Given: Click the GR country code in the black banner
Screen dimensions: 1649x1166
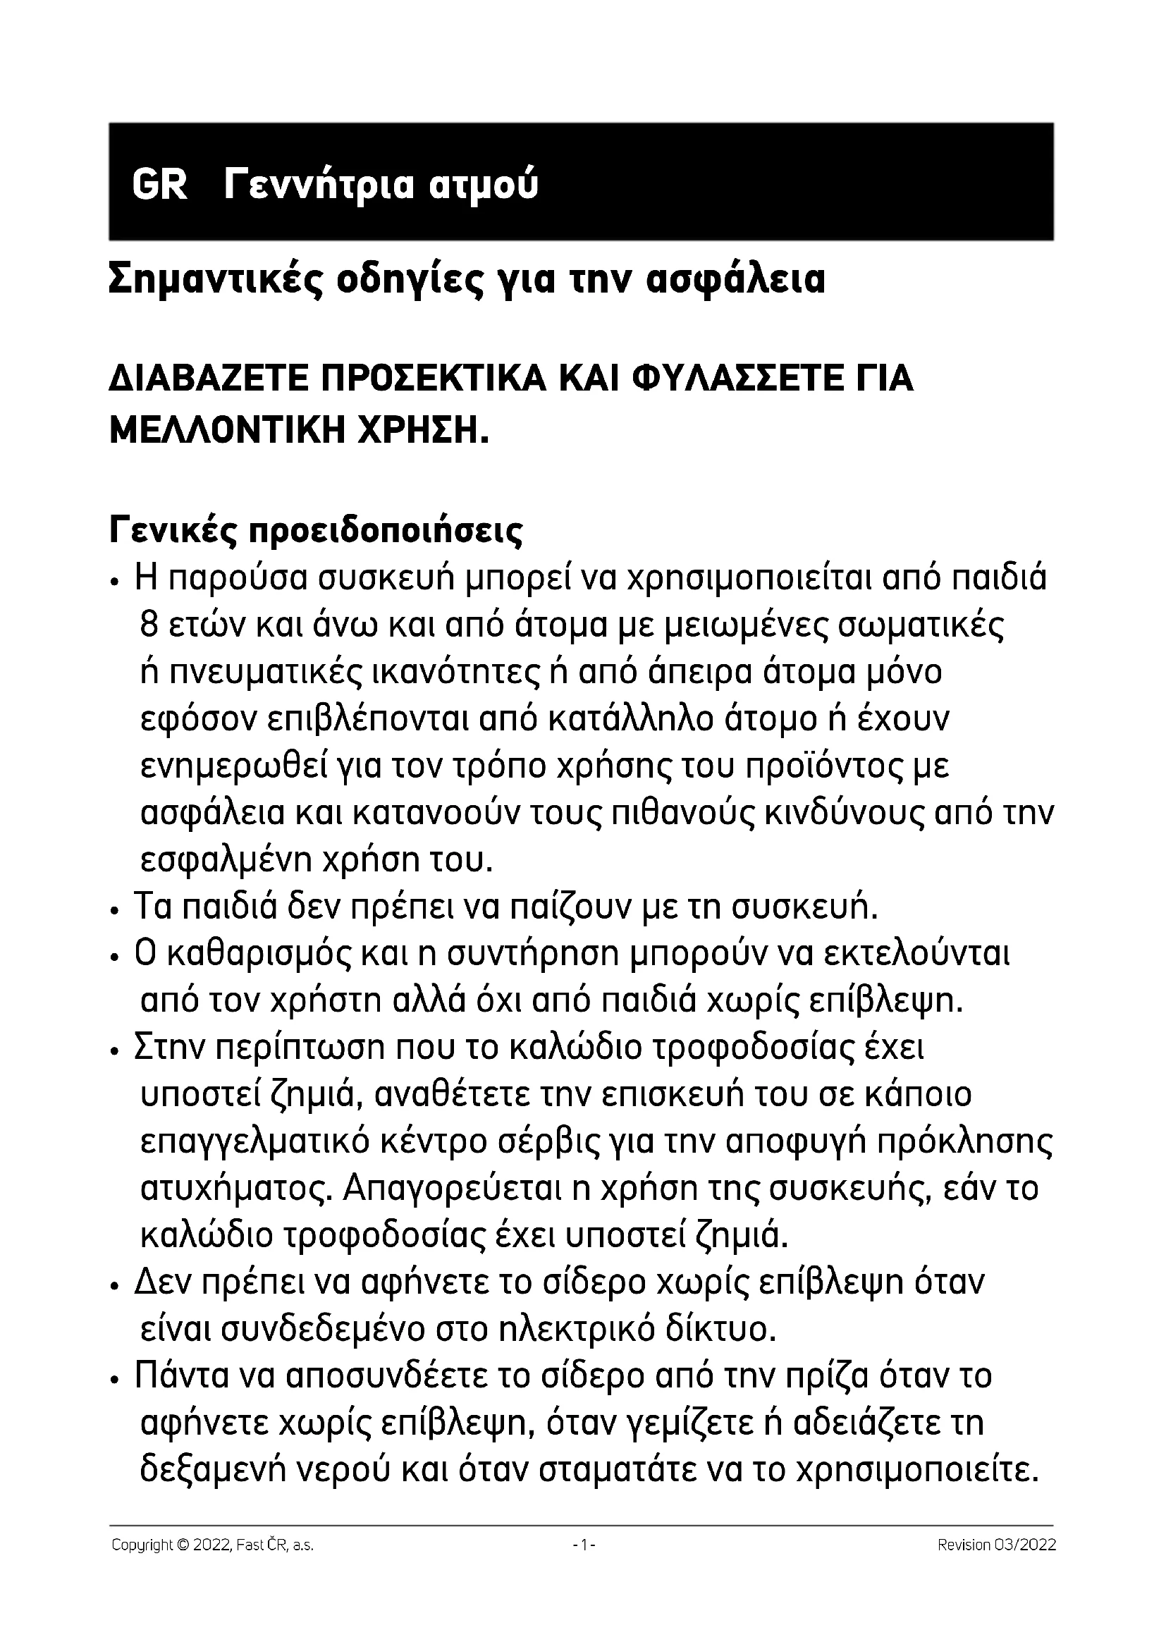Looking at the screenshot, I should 159,185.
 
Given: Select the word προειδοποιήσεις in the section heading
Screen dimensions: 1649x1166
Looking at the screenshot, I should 386,532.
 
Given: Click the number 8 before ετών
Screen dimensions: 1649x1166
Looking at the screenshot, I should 149,626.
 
